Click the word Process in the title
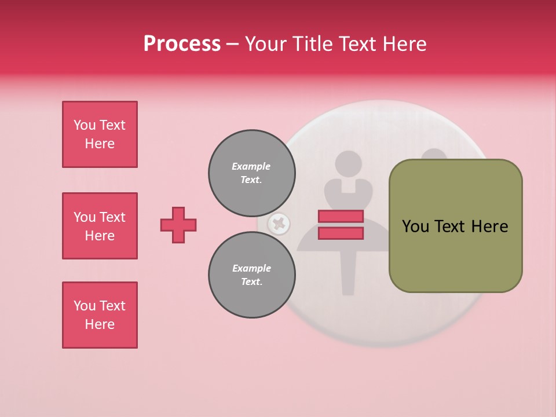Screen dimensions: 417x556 point(182,44)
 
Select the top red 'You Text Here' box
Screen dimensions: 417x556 point(100,134)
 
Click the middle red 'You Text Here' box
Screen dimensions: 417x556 point(100,226)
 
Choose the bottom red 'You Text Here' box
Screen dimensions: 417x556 point(100,315)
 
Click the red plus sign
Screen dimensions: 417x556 point(178,225)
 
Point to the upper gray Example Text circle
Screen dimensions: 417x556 point(252,173)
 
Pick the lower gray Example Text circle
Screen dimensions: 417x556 point(252,275)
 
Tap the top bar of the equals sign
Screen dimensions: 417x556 point(341,216)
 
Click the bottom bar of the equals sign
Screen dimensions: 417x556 point(341,233)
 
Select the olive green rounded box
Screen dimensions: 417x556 point(455,226)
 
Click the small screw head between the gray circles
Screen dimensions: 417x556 point(279,224)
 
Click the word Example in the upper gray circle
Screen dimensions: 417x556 point(251,166)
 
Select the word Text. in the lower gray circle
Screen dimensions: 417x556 point(252,281)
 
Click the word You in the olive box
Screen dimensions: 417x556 point(415,226)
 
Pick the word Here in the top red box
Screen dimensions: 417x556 point(100,144)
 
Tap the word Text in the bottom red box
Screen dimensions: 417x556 point(112,306)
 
